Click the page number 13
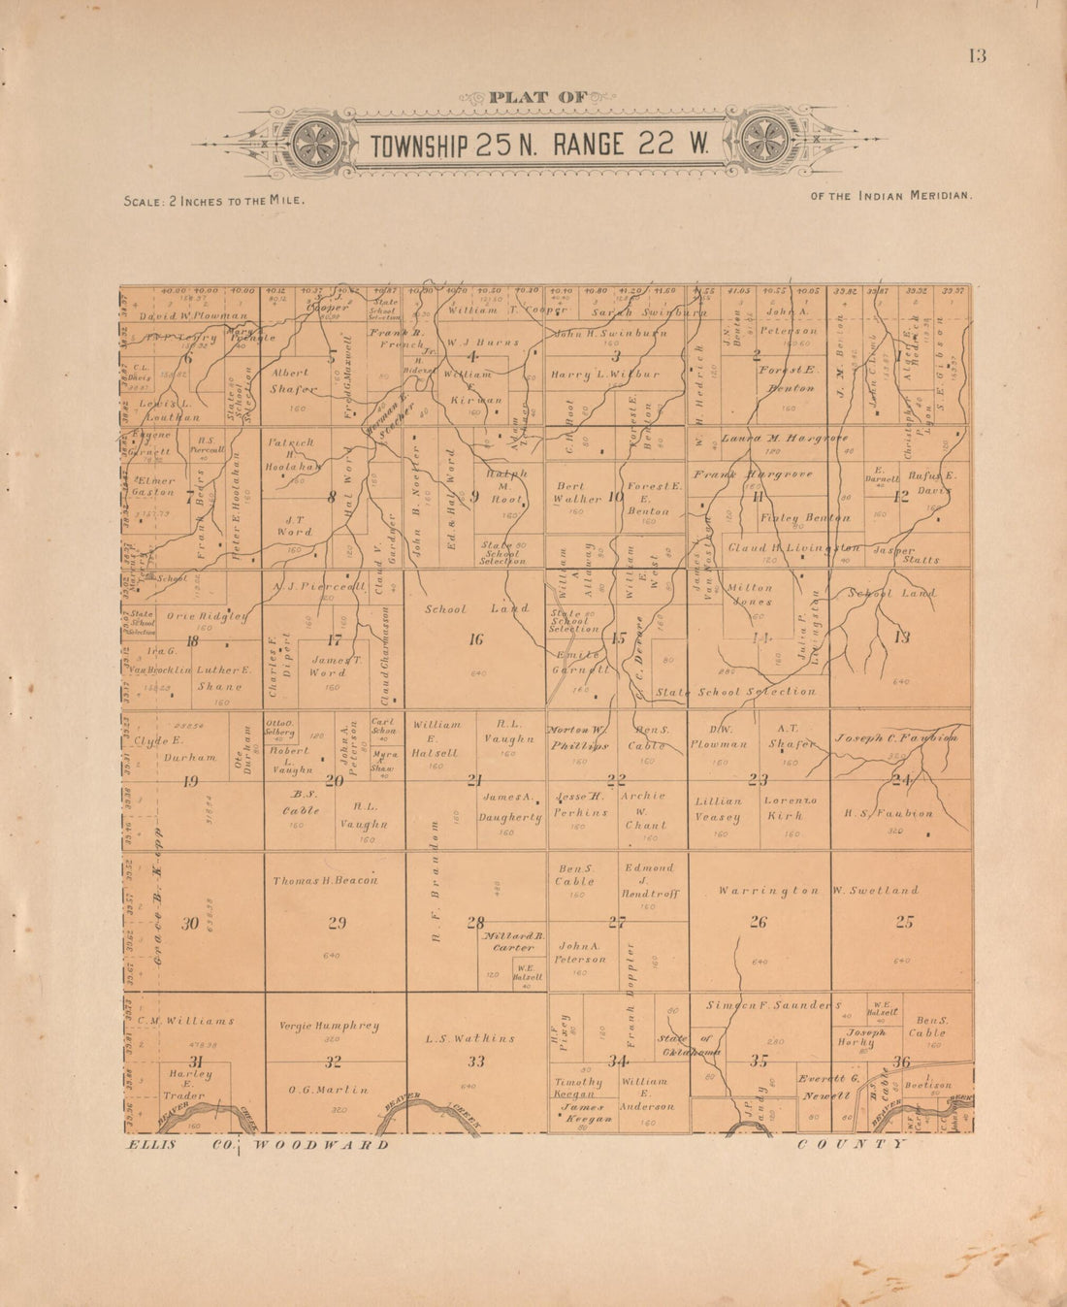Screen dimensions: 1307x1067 [976, 55]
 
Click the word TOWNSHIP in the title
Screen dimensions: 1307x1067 [419, 146]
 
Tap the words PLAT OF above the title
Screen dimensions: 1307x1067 [537, 97]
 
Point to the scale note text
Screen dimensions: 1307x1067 [214, 200]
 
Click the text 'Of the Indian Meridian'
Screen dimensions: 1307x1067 [890, 196]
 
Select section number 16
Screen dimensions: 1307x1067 [475, 639]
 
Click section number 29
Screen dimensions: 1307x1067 [337, 923]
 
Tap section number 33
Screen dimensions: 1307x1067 [475, 1062]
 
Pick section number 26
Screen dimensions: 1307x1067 [758, 922]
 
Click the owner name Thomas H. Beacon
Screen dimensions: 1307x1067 [325, 880]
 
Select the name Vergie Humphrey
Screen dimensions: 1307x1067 [329, 1026]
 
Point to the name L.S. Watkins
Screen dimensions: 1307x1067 [470, 1038]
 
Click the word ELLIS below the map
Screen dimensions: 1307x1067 [151, 1145]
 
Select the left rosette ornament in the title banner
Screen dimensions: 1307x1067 [316, 144]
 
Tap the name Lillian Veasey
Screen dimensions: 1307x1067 [718, 809]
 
